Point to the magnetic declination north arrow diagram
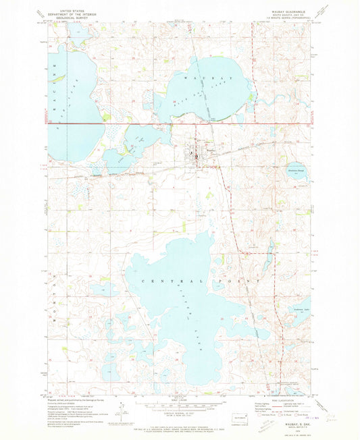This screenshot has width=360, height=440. coord(121,409)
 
